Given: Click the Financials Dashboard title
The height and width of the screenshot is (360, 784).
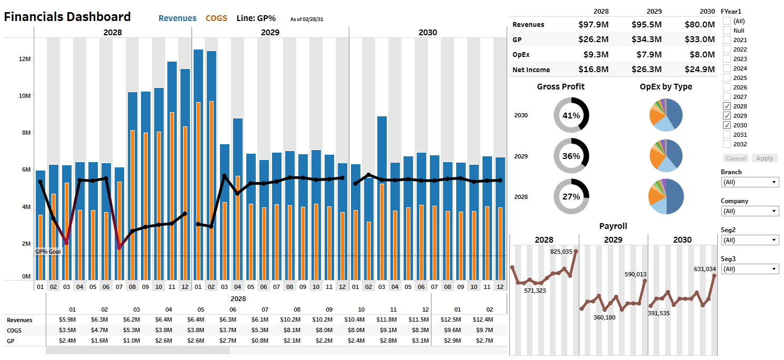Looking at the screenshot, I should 67,17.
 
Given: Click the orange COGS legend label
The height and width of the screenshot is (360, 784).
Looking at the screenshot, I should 216,18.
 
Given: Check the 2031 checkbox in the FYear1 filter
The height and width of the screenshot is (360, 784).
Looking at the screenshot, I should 727,135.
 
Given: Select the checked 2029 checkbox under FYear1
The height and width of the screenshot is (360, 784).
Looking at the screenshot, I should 727,116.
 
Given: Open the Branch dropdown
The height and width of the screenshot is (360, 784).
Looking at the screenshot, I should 749,182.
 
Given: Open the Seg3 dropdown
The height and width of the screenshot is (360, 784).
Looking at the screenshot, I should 749,269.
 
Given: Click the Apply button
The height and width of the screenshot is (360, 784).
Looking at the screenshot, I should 765,158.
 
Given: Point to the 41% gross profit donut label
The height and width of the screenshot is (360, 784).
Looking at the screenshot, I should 571,115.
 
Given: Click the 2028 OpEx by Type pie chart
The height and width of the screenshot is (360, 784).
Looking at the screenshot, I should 666,196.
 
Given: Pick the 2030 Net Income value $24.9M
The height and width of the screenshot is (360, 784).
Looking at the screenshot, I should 700,69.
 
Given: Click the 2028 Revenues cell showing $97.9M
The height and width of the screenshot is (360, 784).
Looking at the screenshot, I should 593,24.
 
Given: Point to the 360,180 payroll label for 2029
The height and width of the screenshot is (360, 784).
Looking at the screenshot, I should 604,317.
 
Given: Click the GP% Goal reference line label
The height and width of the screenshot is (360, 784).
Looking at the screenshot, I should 48,252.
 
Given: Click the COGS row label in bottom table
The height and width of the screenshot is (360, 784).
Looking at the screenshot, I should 15,331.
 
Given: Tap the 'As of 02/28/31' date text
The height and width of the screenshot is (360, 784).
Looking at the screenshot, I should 307,19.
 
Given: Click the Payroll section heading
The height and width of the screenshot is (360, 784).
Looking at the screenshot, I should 613,226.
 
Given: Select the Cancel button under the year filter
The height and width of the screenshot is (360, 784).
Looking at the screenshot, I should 736,158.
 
